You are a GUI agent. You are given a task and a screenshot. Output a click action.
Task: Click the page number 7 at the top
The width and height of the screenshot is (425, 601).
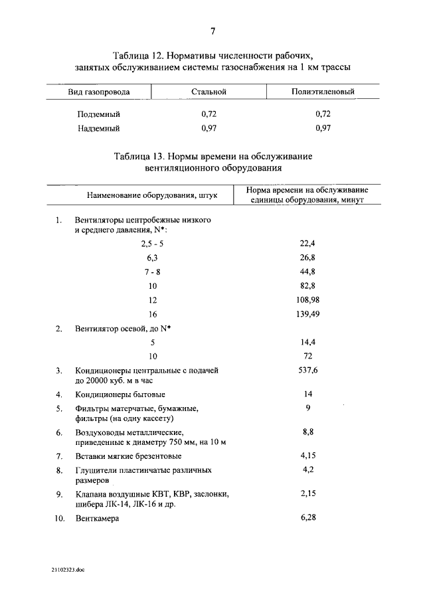[212, 31]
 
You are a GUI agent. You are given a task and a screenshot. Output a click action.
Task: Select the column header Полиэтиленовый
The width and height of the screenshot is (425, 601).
[323, 92]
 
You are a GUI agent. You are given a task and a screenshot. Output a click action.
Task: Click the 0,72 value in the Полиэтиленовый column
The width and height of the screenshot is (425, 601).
[323, 114]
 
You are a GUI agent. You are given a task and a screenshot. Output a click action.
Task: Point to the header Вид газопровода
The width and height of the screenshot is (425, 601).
[98, 92]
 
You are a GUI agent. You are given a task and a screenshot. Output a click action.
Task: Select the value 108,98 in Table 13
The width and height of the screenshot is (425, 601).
[307, 300]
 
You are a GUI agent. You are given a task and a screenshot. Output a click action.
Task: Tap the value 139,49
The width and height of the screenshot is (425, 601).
[307, 313]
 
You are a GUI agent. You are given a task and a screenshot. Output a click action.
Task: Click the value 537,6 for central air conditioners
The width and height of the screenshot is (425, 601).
[307, 370]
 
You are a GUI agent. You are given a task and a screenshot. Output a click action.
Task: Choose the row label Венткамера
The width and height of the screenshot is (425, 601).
[97, 519]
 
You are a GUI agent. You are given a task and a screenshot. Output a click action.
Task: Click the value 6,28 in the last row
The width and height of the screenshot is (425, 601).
[307, 517]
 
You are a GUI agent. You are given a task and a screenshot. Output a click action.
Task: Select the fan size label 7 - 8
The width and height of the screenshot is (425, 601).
[152, 272]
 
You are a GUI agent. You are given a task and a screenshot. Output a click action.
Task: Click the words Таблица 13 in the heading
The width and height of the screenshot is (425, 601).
[137, 157]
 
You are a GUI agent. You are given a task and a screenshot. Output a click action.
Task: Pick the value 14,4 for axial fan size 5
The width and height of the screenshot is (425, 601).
[307, 342]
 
